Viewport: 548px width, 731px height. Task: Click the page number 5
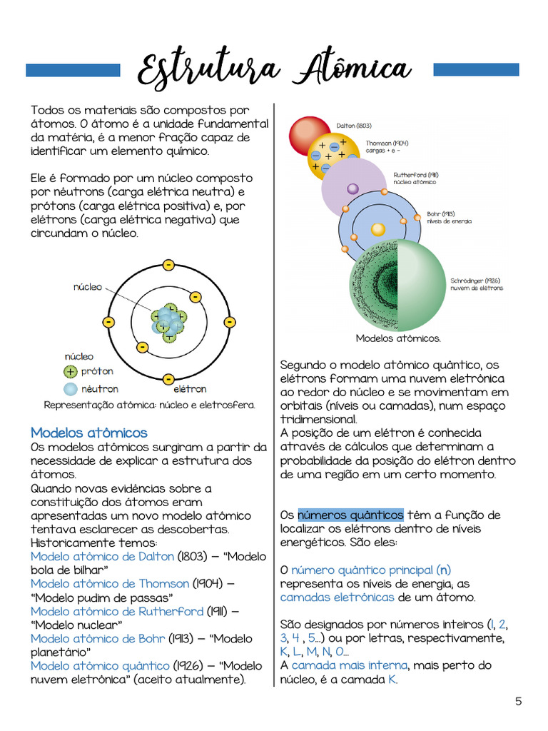point(519,701)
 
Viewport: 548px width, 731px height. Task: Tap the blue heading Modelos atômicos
point(88,433)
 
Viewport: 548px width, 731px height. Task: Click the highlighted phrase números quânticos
point(350,515)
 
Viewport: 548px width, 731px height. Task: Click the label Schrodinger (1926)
point(475,281)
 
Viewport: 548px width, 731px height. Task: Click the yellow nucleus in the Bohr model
point(378,229)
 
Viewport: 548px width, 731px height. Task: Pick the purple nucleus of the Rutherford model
point(352,189)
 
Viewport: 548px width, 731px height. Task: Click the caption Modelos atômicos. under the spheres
point(398,338)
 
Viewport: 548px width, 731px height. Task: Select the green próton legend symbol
point(70,371)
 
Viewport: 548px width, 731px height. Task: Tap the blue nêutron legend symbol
point(70,389)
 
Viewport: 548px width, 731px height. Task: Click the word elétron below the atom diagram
point(190,389)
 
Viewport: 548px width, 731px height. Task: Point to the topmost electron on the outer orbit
point(168,266)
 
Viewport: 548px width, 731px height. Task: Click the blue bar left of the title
point(73,70)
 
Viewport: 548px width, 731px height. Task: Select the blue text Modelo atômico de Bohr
point(98,638)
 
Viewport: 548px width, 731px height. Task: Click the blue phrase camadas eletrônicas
point(337,597)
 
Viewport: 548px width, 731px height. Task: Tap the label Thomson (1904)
point(387,143)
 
